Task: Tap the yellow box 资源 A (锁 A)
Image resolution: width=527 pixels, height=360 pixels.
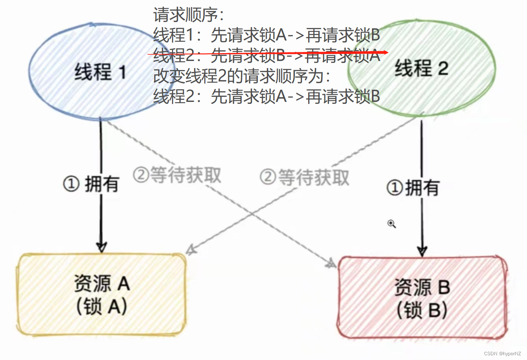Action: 102,295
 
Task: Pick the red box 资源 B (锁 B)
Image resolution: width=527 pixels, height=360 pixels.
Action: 422,298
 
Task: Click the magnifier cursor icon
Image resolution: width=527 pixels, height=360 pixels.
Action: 391,224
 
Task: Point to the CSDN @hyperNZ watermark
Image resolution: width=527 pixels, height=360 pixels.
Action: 502,354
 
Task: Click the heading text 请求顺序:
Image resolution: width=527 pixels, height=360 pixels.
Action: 188,15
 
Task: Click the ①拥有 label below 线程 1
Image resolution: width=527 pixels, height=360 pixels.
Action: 91,184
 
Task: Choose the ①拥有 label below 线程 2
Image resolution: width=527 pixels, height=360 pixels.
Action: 412,188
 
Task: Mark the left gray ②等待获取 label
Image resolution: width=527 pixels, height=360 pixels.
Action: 177,175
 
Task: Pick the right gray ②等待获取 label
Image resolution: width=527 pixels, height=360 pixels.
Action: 304,177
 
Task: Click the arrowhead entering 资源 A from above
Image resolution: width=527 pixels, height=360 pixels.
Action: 101,248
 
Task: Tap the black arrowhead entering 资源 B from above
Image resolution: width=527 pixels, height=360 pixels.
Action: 422,252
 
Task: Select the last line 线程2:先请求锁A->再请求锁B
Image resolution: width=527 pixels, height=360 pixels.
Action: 266,96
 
